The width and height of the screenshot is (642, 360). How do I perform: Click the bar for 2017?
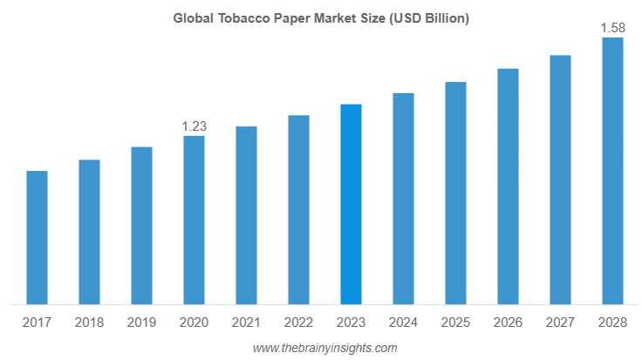tap(37, 238)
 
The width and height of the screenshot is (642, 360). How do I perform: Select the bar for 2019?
tap(141, 226)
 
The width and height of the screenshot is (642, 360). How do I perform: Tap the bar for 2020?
tap(194, 221)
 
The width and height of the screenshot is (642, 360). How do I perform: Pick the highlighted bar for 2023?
tap(351, 205)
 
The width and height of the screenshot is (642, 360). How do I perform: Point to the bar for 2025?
tap(455, 194)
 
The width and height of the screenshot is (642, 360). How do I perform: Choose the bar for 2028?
tap(613, 172)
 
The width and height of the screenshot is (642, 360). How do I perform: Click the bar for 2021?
tap(246, 216)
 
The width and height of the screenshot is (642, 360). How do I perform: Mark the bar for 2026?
tap(508, 187)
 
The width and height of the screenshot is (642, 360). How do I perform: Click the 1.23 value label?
tap(194, 126)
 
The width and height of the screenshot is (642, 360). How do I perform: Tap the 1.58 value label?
tap(613, 29)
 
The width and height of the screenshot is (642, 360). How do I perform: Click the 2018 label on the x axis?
tap(89, 323)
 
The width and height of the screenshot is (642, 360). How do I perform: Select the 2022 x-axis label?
tap(298, 323)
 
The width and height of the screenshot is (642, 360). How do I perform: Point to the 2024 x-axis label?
tap(403, 323)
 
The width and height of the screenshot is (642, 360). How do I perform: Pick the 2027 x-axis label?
tap(560, 323)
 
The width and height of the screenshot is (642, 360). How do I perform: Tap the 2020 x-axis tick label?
tap(194, 323)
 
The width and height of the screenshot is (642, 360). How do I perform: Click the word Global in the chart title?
tap(192, 17)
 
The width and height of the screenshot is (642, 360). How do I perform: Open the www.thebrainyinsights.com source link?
tap(324, 348)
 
